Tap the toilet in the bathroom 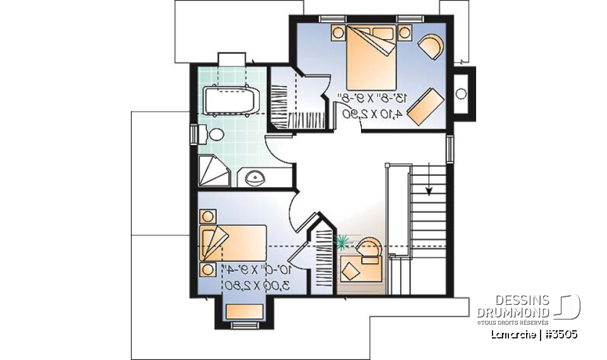[x=216, y=135]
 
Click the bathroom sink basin [x=256, y=177]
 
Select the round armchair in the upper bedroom [x=432, y=46]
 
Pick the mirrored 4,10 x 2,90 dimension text [x=372, y=114]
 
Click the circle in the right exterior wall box [x=462, y=94]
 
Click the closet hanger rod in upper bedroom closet [x=284, y=118]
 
